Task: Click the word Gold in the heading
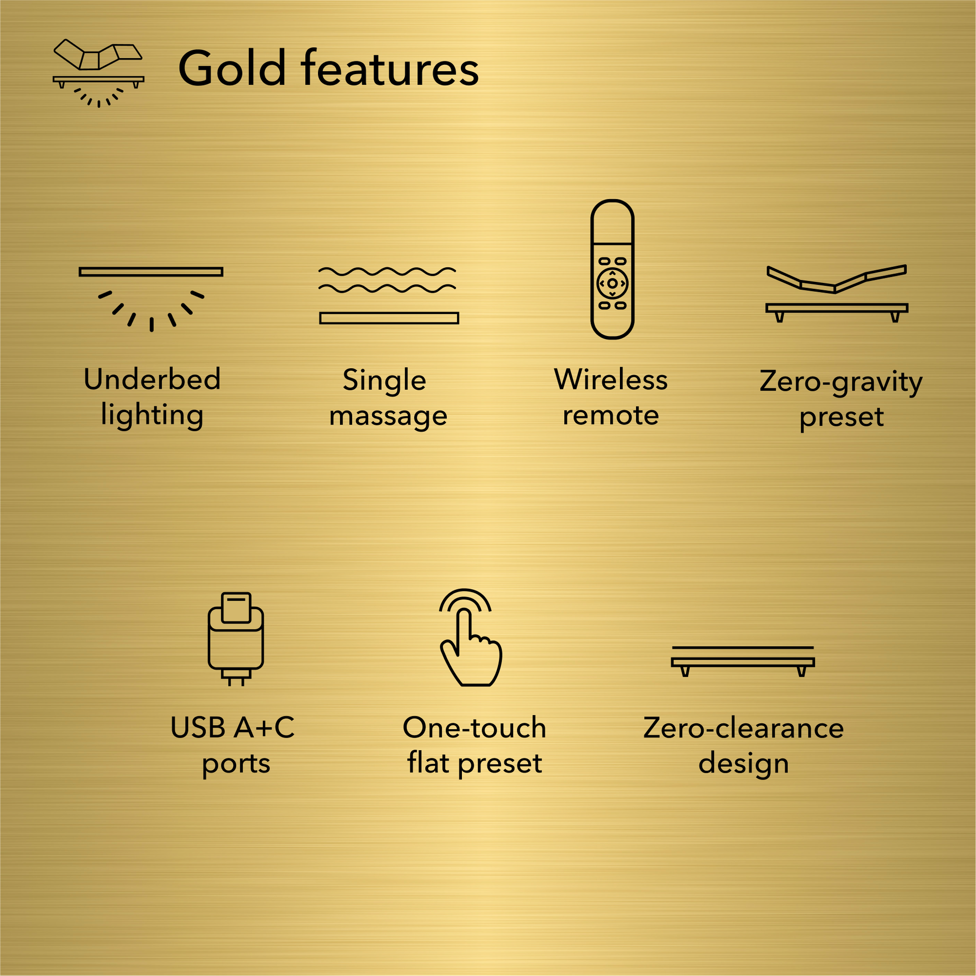click(232, 68)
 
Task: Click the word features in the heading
click(390, 68)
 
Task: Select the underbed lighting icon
click(151, 298)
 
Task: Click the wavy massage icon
click(389, 295)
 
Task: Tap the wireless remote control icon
click(612, 269)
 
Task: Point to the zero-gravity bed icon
click(837, 293)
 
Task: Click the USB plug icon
click(236, 638)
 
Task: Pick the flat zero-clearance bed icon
click(743, 661)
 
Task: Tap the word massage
click(388, 416)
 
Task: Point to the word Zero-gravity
click(841, 382)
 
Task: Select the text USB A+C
click(232, 727)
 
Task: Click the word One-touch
click(474, 727)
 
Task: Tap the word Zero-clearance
click(743, 728)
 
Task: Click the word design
click(743, 763)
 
